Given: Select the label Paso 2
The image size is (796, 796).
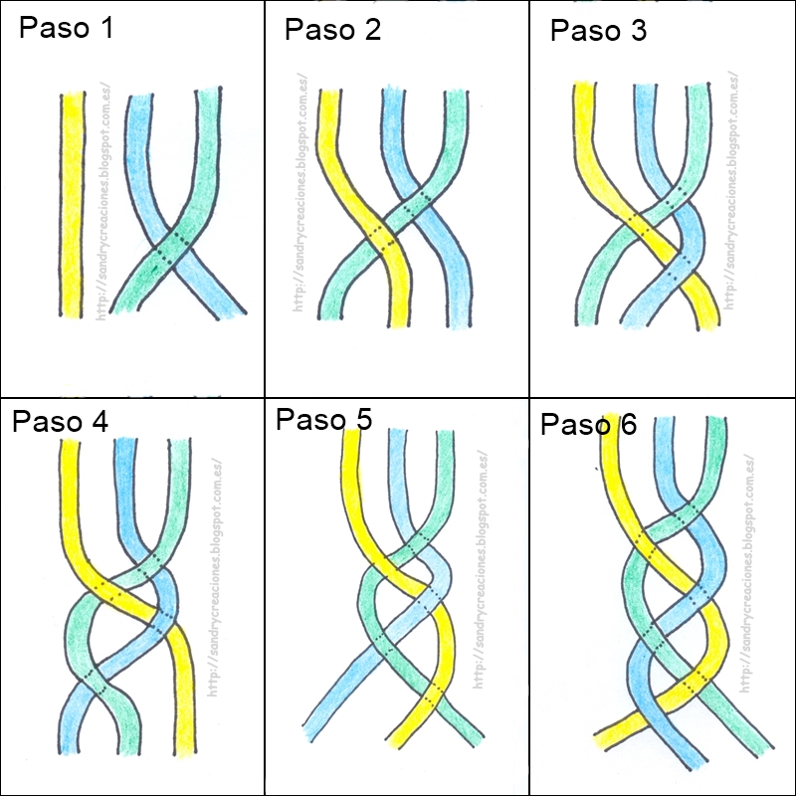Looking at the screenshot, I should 332,30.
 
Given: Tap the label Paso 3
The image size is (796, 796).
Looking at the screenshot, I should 598,31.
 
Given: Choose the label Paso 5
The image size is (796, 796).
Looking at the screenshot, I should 323,419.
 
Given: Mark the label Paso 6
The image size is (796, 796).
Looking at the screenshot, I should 588,425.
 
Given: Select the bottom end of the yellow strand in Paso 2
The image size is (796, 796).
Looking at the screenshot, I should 399,318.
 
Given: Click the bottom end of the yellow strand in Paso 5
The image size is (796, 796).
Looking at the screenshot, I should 402,738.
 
